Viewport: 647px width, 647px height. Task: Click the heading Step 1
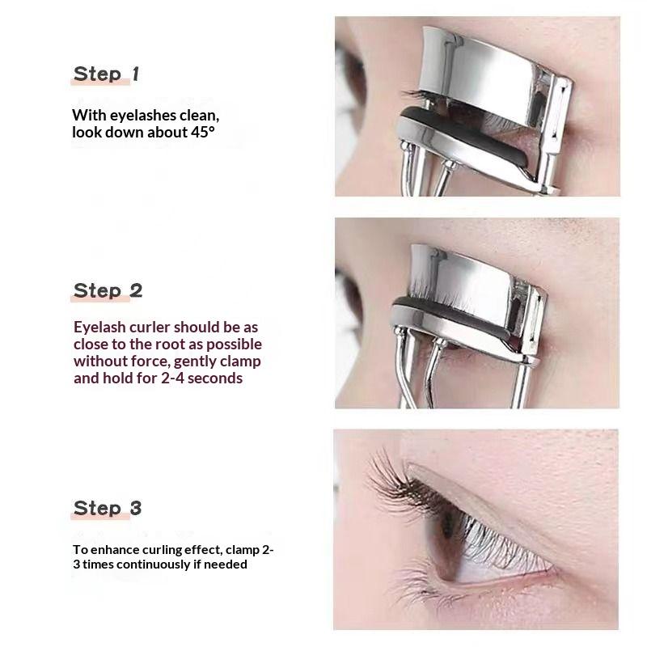pyautogui.click(x=106, y=74)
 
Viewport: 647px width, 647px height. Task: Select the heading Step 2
pyautogui.click(x=108, y=291)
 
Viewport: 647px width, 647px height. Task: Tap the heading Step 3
pyautogui.click(x=108, y=508)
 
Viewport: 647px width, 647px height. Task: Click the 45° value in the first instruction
pyautogui.click(x=203, y=132)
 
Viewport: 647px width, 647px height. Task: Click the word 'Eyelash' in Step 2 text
pyautogui.click(x=99, y=328)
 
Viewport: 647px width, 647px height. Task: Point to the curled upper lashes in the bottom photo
pyautogui.click(x=396, y=483)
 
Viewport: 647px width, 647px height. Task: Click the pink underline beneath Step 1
pyautogui.click(x=100, y=82)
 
